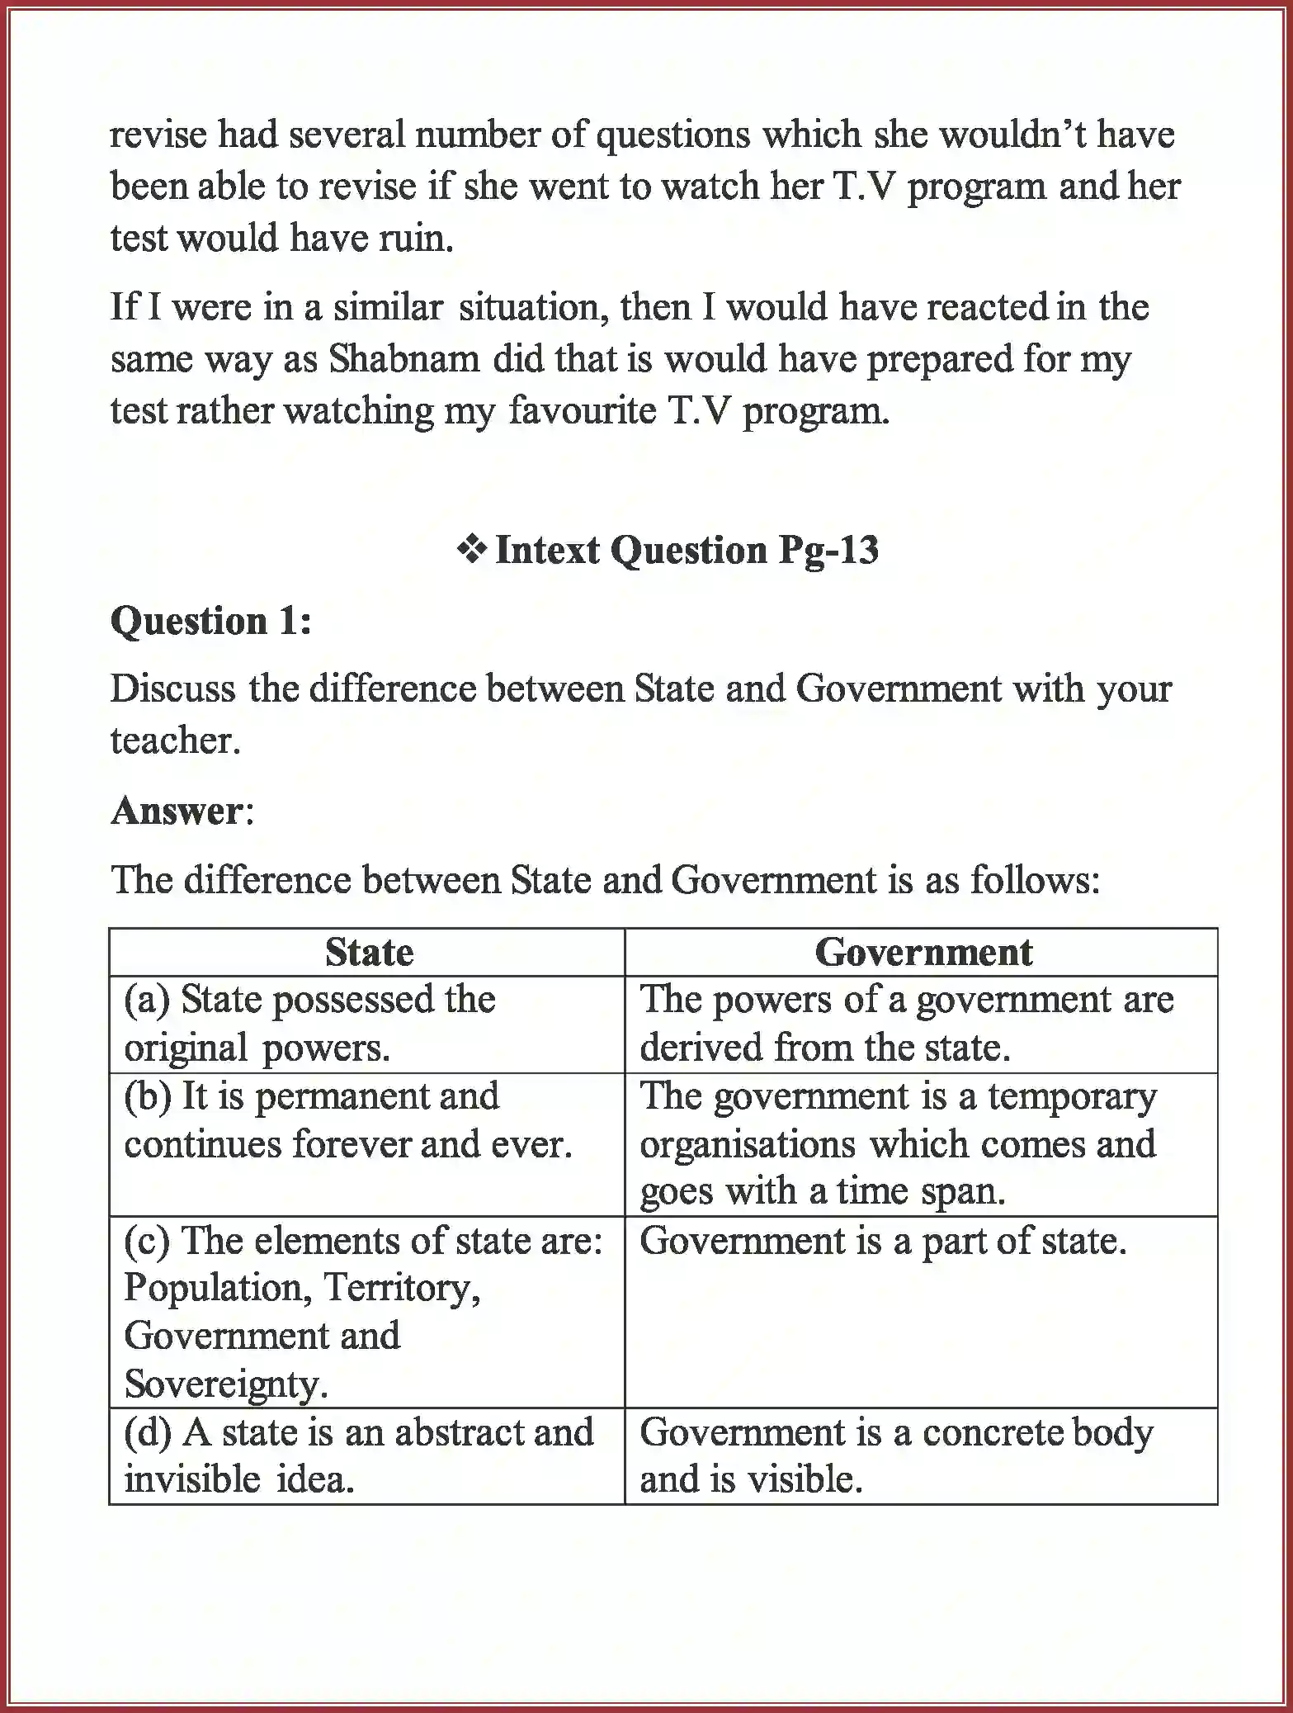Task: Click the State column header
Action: (369, 952)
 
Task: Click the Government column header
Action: (923, 952)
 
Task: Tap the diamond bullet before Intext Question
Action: (472, 549)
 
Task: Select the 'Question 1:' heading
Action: (211, 621)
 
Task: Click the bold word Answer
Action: (177, 811)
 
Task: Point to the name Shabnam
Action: (404, 359)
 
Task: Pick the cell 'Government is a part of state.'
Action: (883, 1241)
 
